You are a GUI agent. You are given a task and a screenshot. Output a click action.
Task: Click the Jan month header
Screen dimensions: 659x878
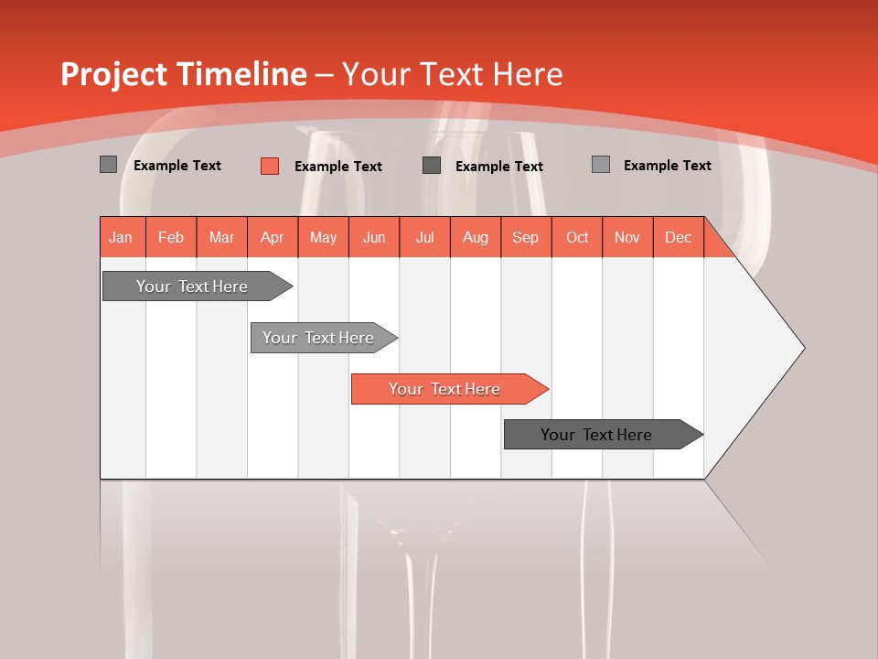click(x=121, y=237)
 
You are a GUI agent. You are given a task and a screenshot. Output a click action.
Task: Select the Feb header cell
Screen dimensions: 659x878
click(x=171, y=237)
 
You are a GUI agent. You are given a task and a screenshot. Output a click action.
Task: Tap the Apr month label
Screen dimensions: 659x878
click(x=273, y=237)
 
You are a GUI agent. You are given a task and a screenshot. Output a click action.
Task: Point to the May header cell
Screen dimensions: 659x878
click(x=323, y=237)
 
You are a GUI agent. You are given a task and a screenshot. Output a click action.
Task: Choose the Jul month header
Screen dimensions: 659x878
click(x=424, y=237)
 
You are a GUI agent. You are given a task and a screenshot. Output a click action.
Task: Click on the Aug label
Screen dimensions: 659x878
click(x=476, y=237)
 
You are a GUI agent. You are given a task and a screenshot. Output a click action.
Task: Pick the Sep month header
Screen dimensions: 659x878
click(x=526, y=237)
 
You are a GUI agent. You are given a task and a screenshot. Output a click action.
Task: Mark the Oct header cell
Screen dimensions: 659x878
click(x=577, y=237)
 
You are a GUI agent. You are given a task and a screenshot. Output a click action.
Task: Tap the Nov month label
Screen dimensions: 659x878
click(x=627, y=237)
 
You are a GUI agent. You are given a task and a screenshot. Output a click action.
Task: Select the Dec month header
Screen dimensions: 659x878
click(x=679, y=237)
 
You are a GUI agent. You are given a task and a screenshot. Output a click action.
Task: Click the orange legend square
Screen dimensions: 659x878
click(x=270, y=166)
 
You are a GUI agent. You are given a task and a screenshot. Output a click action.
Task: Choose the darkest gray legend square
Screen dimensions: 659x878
click(x=432, y=166)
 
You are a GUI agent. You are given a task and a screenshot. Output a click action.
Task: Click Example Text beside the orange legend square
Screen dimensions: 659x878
click(x=338, y=167)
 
